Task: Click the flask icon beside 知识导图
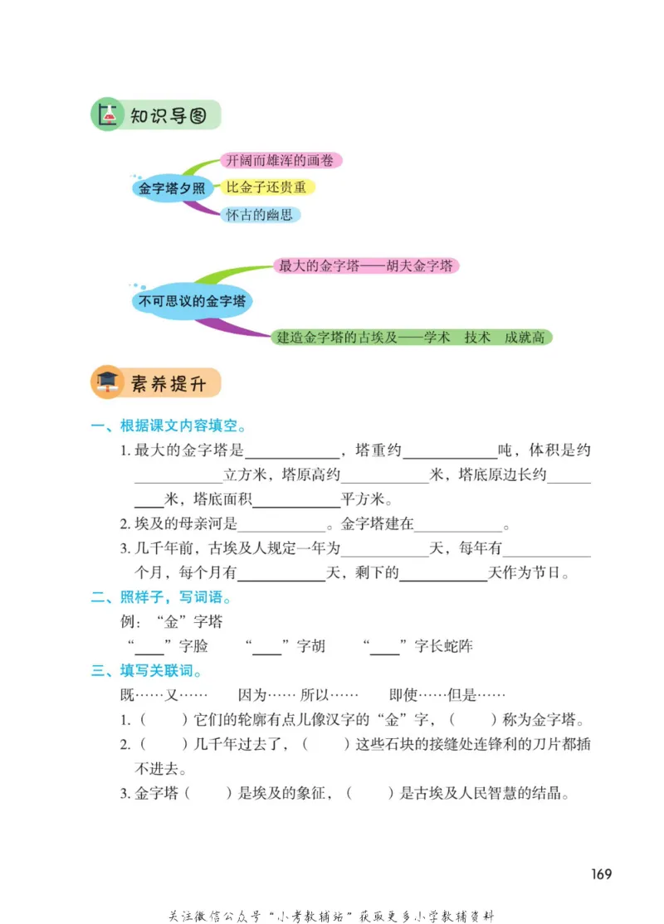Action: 105,116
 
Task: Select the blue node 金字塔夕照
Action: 172,188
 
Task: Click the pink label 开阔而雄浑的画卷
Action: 282,161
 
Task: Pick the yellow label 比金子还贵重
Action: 266,187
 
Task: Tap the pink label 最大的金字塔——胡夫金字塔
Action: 365,266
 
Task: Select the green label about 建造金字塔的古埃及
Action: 411,338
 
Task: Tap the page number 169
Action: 602,874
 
